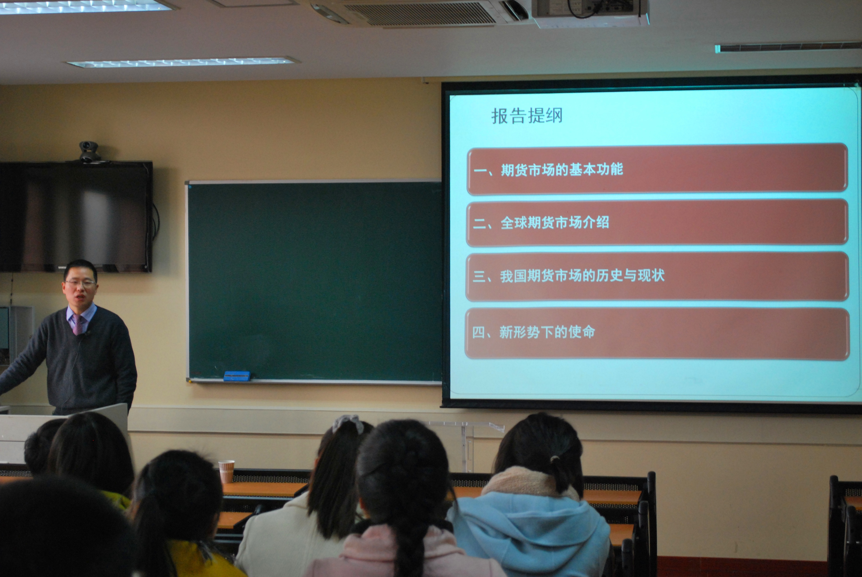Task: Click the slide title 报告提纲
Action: click(x=527, y=116)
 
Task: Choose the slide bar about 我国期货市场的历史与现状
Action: click(x=657, y=276)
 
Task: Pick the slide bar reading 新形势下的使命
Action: click(x=657, y=333)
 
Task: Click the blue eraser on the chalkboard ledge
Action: click(x=237, y=376)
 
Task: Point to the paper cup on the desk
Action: click(x=226, y=471)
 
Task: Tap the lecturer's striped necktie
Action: click(x=78, y=324)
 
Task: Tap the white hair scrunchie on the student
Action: click(x=347, y=424)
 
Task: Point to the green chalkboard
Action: click(x=315, y=282)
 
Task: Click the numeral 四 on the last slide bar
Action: click(x=479, y=332)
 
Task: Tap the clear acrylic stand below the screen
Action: click(x=466, y=445)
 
